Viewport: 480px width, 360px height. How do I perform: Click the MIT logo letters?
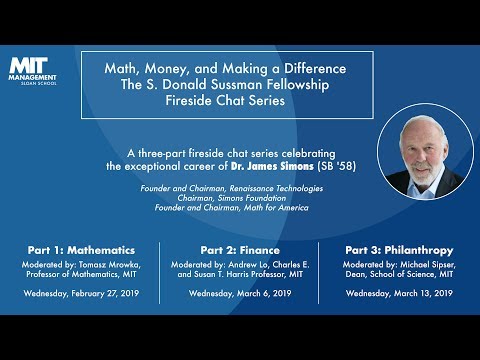(x=28, y=62)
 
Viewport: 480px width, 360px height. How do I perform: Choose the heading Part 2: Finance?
(x=240, y=248)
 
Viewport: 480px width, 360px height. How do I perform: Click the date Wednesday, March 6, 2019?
(x=240, y=294)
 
